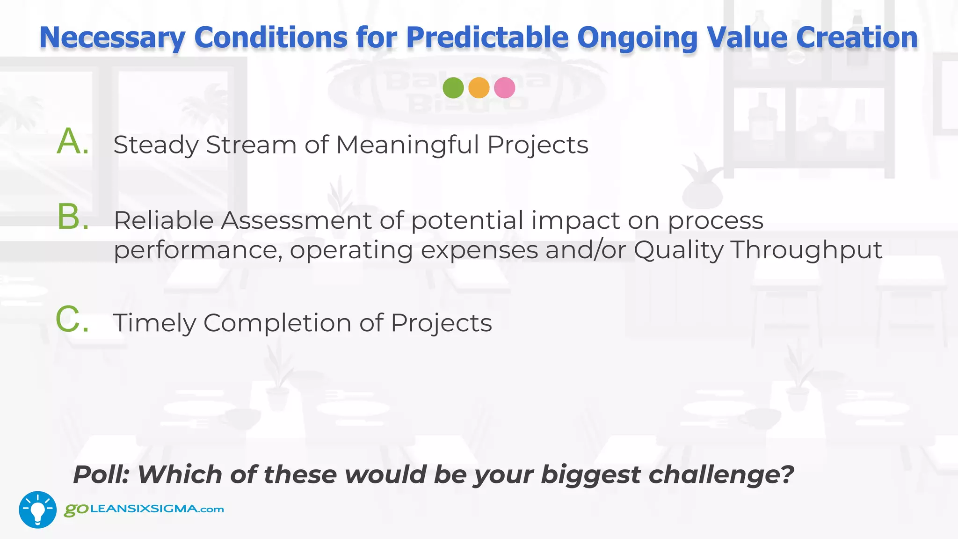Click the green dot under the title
click(x=453, y=87)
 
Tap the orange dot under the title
click(x=479, y=87)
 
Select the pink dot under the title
click(x=504, y=87)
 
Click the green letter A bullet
click(x=72, y=142)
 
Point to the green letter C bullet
click(x=72, y=320)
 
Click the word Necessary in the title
click(x=112, y=37)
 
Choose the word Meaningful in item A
click(x=407, y=145)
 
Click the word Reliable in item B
click(x=163, y=220)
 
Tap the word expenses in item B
click(x=479, y=250)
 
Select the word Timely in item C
click(x=154, y=323)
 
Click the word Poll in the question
click(x=101, y=474)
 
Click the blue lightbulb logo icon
click(x=37, y=510)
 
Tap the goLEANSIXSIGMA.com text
click(x=144, y=509)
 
